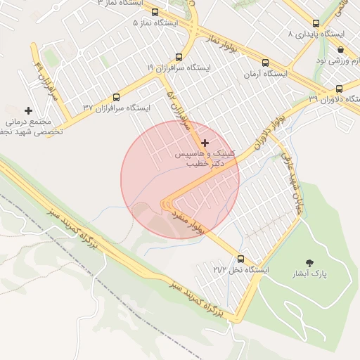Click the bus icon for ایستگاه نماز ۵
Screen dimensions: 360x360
(155, 12)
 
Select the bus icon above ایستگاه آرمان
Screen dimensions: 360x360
(264, 63)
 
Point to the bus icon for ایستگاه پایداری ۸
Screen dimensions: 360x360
(314, 23)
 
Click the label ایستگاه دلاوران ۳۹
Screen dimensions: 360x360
(333, 99)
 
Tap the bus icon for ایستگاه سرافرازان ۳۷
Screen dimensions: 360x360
(116, 98)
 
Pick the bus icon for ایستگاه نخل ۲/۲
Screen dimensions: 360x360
(241, 259)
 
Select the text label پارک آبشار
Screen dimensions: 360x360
(311, 275)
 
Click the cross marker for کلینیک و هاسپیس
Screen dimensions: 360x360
(205, 143)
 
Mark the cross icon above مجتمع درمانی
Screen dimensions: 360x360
(28, 110)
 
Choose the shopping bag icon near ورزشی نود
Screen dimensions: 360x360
(341, 49)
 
